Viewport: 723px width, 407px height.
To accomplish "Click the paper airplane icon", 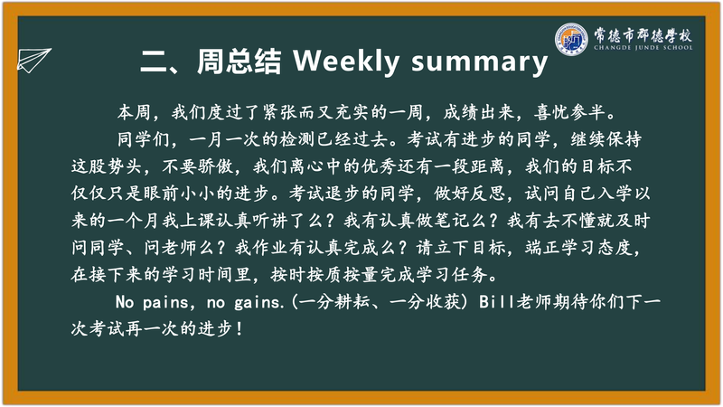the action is pyautogui.click(x=33, y=60).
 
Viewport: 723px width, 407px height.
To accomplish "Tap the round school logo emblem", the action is pyautogui.click(x=571, y=39).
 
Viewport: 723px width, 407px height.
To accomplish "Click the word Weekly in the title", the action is pyautogui.click(x=346, y=61).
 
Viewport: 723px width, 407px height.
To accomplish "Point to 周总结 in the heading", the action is pyautogui.click(x=239, y=61).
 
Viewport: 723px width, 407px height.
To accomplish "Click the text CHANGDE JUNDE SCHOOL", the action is pyautogui.click(x=643, y=48).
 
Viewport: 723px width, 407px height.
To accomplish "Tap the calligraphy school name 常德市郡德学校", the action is pyautogui.click(x=643, y=34).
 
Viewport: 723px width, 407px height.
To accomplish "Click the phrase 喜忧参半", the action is pyautogui.click(x=569, y=112).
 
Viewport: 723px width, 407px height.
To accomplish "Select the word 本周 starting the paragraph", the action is pyautogui.click(x=134, y=112).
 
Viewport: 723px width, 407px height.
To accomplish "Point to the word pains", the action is pyautogui.click(x=165, y=303).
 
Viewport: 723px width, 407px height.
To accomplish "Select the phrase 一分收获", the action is pyautogui.click(x=425, y=302).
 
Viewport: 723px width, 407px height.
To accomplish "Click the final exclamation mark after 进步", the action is pyautogui.click(x=239, y=329).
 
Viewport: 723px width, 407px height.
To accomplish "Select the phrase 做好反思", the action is pyautogui.click(x=469, y=194).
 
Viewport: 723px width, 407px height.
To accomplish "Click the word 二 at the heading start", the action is pyautogui.click(x=155, y=62).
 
